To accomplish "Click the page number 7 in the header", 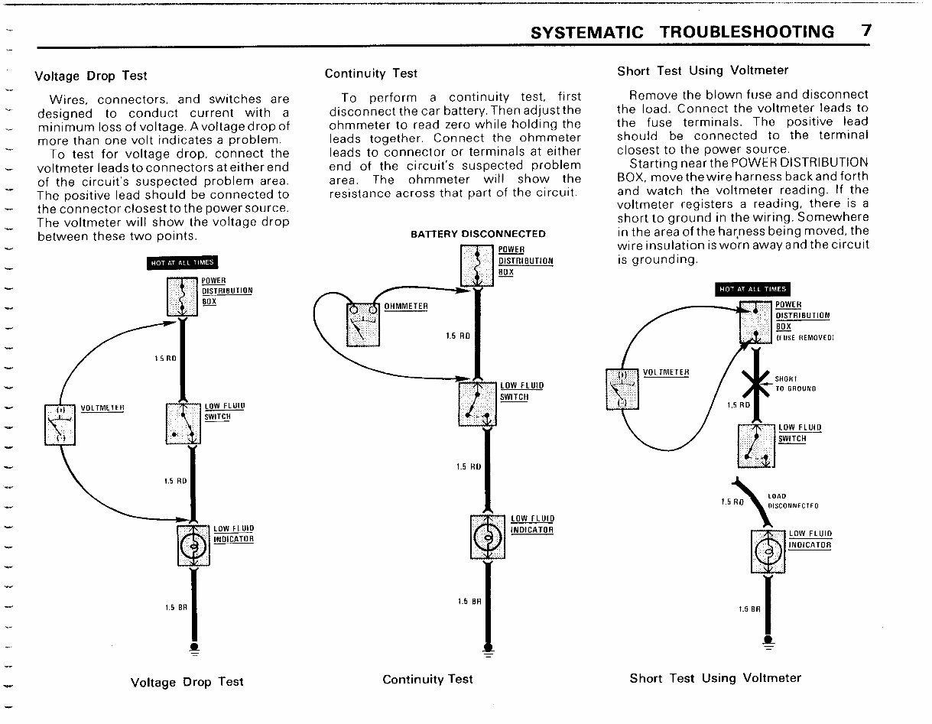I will tap(865, 31).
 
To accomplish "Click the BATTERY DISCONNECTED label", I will tap(478, 234).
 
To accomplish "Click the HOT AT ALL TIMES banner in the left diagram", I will tap(182, 263).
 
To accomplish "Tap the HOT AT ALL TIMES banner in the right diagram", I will tap(752, 289).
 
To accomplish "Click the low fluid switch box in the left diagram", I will tap(183, 424).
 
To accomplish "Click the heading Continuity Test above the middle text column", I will tap(371, 73).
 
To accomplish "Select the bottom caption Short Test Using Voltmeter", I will tap(715, 678).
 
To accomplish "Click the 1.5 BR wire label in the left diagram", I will tap(175, 608).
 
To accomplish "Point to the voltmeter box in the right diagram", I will tap(622, 388).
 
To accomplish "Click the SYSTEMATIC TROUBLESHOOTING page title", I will tap(682, 31).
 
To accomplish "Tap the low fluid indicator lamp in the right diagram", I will tap(770, 551).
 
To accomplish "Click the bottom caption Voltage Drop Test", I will tap(187, 682).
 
